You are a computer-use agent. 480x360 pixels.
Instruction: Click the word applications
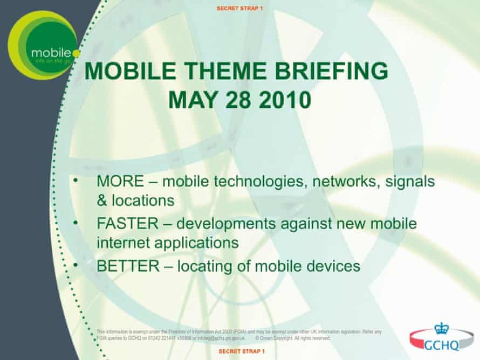195,243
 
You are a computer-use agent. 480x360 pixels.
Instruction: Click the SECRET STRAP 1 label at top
239,9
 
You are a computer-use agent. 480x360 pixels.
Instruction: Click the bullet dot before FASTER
76,221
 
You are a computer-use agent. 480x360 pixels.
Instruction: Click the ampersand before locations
102,201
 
